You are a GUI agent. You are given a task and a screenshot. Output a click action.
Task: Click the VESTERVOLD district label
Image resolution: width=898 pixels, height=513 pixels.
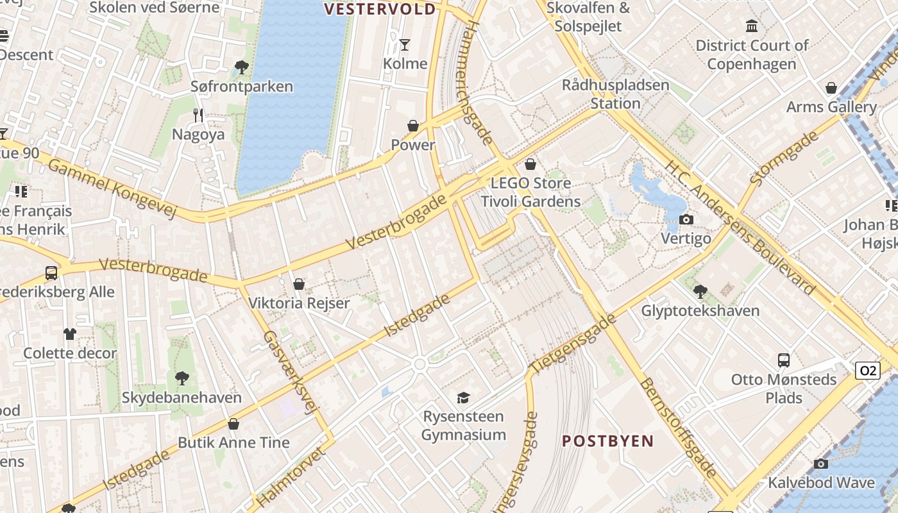point(380,9)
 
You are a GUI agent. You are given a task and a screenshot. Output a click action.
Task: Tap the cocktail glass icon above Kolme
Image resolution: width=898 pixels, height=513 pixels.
point(405,44)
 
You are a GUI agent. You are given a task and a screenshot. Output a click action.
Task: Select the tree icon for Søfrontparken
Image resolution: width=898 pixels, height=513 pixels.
point(242,67)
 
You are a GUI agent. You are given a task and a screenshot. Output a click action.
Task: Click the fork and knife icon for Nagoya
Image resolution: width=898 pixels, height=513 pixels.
point(198,115)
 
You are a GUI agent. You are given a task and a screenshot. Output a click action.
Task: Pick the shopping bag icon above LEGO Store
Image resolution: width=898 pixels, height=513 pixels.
point(530,164)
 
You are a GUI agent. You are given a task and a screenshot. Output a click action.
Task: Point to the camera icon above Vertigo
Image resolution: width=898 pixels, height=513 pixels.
point(686,220)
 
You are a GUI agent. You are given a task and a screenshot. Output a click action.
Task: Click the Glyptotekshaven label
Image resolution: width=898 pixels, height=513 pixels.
point(700,311)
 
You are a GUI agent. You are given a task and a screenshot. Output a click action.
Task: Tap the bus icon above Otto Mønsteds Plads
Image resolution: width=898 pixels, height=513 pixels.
point(783,360)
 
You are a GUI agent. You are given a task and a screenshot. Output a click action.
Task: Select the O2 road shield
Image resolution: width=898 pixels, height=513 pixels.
point(867,371)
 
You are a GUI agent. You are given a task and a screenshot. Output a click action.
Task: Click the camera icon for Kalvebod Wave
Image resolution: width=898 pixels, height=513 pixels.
point(820,464)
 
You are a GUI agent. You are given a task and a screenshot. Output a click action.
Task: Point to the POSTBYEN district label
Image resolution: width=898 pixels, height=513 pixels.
point(607,441)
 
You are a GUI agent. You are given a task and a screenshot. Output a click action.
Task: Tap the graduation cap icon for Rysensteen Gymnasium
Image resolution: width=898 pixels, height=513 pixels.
point(463,398)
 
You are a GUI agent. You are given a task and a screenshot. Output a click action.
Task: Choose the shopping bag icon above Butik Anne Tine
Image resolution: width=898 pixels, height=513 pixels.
point(233,424)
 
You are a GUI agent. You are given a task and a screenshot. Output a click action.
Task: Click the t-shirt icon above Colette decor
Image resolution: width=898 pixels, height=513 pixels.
point(70,334)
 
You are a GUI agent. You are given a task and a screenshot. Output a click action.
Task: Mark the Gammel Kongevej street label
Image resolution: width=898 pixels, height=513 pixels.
point(112,189)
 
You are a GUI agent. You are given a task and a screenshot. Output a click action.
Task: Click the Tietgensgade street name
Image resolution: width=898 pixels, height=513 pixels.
point(573,344)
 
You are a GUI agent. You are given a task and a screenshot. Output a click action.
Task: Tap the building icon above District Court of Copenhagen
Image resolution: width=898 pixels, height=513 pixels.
point(752,26)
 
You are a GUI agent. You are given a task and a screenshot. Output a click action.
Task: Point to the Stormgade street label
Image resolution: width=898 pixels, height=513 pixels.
point(784,158)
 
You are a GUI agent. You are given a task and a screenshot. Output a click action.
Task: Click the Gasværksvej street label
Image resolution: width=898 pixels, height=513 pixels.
point(291,372)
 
